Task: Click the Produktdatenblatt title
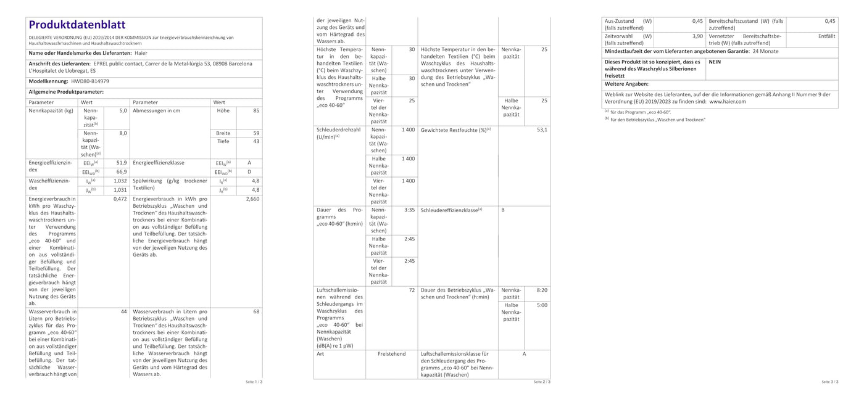pyautogui.click(x=77, y=25)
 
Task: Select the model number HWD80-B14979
pyautogui.click(x=90, y=81)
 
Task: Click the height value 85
pyautogui.click(x=255, y=111)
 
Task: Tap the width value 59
pyautogui.click(x=255, y=133)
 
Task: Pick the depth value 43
pyautogui.click(x=255, y=142)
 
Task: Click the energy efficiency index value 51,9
pyautogui.click(x=121, y=163)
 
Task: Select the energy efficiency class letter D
pyautogui.click(x=249, y=172)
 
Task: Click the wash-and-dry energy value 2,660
pyautogui.click(x=252, y=199)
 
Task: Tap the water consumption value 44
pyautogui.click(x=123, y=311)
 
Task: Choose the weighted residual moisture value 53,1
pyautogui.click(x=542, y=130)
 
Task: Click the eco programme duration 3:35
pyautogui.click(x=409, y=210)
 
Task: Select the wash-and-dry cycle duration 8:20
pyautogui.click(x=542, y=290)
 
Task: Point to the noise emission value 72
pyautogui.click(x=412, y=290)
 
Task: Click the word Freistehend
pyautogui.click(x=392, y=354)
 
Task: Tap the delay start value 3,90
pyautogui.click(x=697, y=36)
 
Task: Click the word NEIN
pyautogui.click(x=715, y=62)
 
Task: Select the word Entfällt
pyautogui.click(x=826, y=36)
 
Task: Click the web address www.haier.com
pyautogui.click(x=728, y=102)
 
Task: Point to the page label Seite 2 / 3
pyautogui.click(x=542, y=382)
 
